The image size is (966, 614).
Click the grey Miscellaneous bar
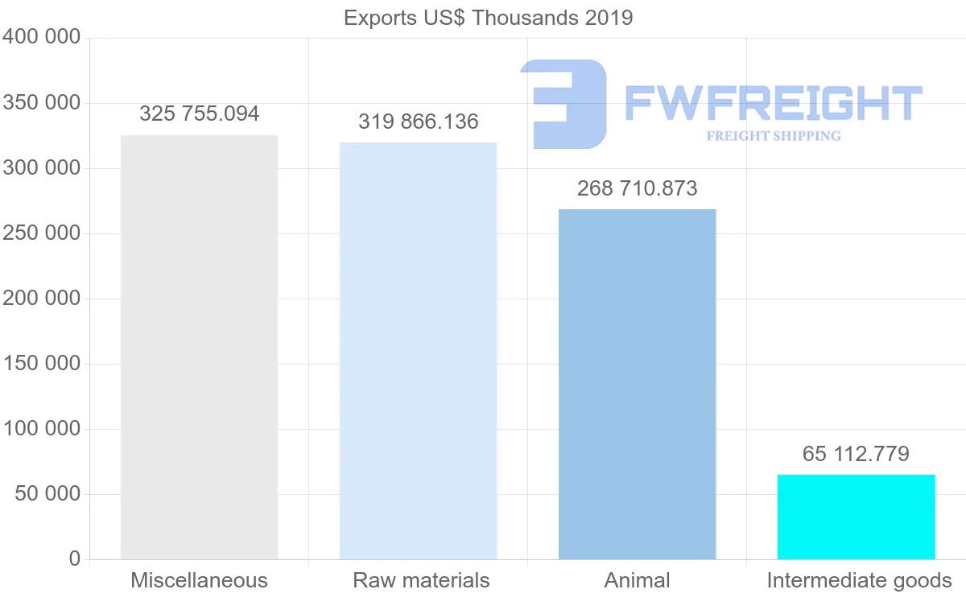(199, 347)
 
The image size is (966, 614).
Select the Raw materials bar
(418, 351)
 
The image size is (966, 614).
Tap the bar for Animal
(637, 384)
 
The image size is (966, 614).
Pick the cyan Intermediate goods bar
(856, 517)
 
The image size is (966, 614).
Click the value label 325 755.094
(199, 114)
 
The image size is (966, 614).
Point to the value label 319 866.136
(418, 122)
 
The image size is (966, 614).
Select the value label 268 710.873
(637, 189)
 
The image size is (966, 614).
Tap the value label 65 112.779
(856, 454)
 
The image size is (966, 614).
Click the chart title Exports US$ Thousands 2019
(488, 18)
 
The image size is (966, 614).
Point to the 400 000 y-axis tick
(42, 37)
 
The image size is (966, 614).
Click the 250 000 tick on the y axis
(42, 233)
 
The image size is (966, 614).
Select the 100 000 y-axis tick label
(42, 429)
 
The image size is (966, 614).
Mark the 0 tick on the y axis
(74, 559)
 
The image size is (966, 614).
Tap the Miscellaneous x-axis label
(199, 581)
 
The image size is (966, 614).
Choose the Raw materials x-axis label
(421, 581)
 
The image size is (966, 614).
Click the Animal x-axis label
(637, 581)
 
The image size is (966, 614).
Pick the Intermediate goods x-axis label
(859, 581)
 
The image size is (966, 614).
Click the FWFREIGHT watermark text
(773, 103)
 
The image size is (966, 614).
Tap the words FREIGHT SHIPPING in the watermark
(773, 136)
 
